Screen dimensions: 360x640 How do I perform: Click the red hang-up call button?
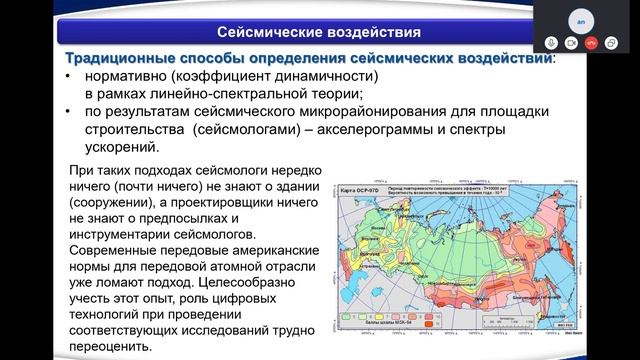click(592, 43)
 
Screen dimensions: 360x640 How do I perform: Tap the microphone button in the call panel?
click(551, 43)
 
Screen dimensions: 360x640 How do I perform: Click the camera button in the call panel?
click(571, 43)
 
